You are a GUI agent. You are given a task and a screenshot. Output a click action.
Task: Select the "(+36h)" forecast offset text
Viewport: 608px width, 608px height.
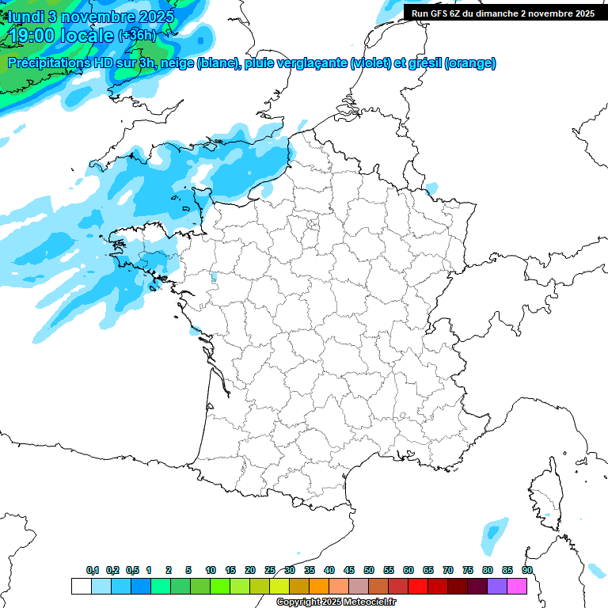(x=136, y=36)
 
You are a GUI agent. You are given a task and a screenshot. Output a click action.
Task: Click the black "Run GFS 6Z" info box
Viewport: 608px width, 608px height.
(x=503, y=13)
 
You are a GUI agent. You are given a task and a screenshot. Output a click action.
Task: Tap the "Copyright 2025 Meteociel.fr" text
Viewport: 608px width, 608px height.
(x=336, y=602)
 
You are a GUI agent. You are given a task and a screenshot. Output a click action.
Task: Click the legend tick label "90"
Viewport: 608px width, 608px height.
(x=527, y=570)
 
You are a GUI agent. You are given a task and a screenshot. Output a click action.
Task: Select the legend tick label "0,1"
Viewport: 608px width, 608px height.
(x=93, y=570)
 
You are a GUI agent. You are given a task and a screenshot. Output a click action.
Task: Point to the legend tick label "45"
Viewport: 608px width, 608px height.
(x=349, y=570)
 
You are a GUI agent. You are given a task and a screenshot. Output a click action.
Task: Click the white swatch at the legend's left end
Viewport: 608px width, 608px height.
(x=81, y=586)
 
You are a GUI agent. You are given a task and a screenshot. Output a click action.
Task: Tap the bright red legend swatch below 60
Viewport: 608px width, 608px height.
(x=418, y=586)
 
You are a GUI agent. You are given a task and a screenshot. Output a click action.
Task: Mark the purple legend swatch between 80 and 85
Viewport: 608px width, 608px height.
(x=497, y=586)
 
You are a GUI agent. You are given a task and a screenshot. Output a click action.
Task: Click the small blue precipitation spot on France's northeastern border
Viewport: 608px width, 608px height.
(x=431, y=188)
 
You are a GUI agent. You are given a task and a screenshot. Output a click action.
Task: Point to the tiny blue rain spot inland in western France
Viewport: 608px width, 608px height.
(x=212, y=278)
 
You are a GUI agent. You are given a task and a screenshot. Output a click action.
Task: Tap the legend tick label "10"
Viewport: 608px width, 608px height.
(x=211, y=570)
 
